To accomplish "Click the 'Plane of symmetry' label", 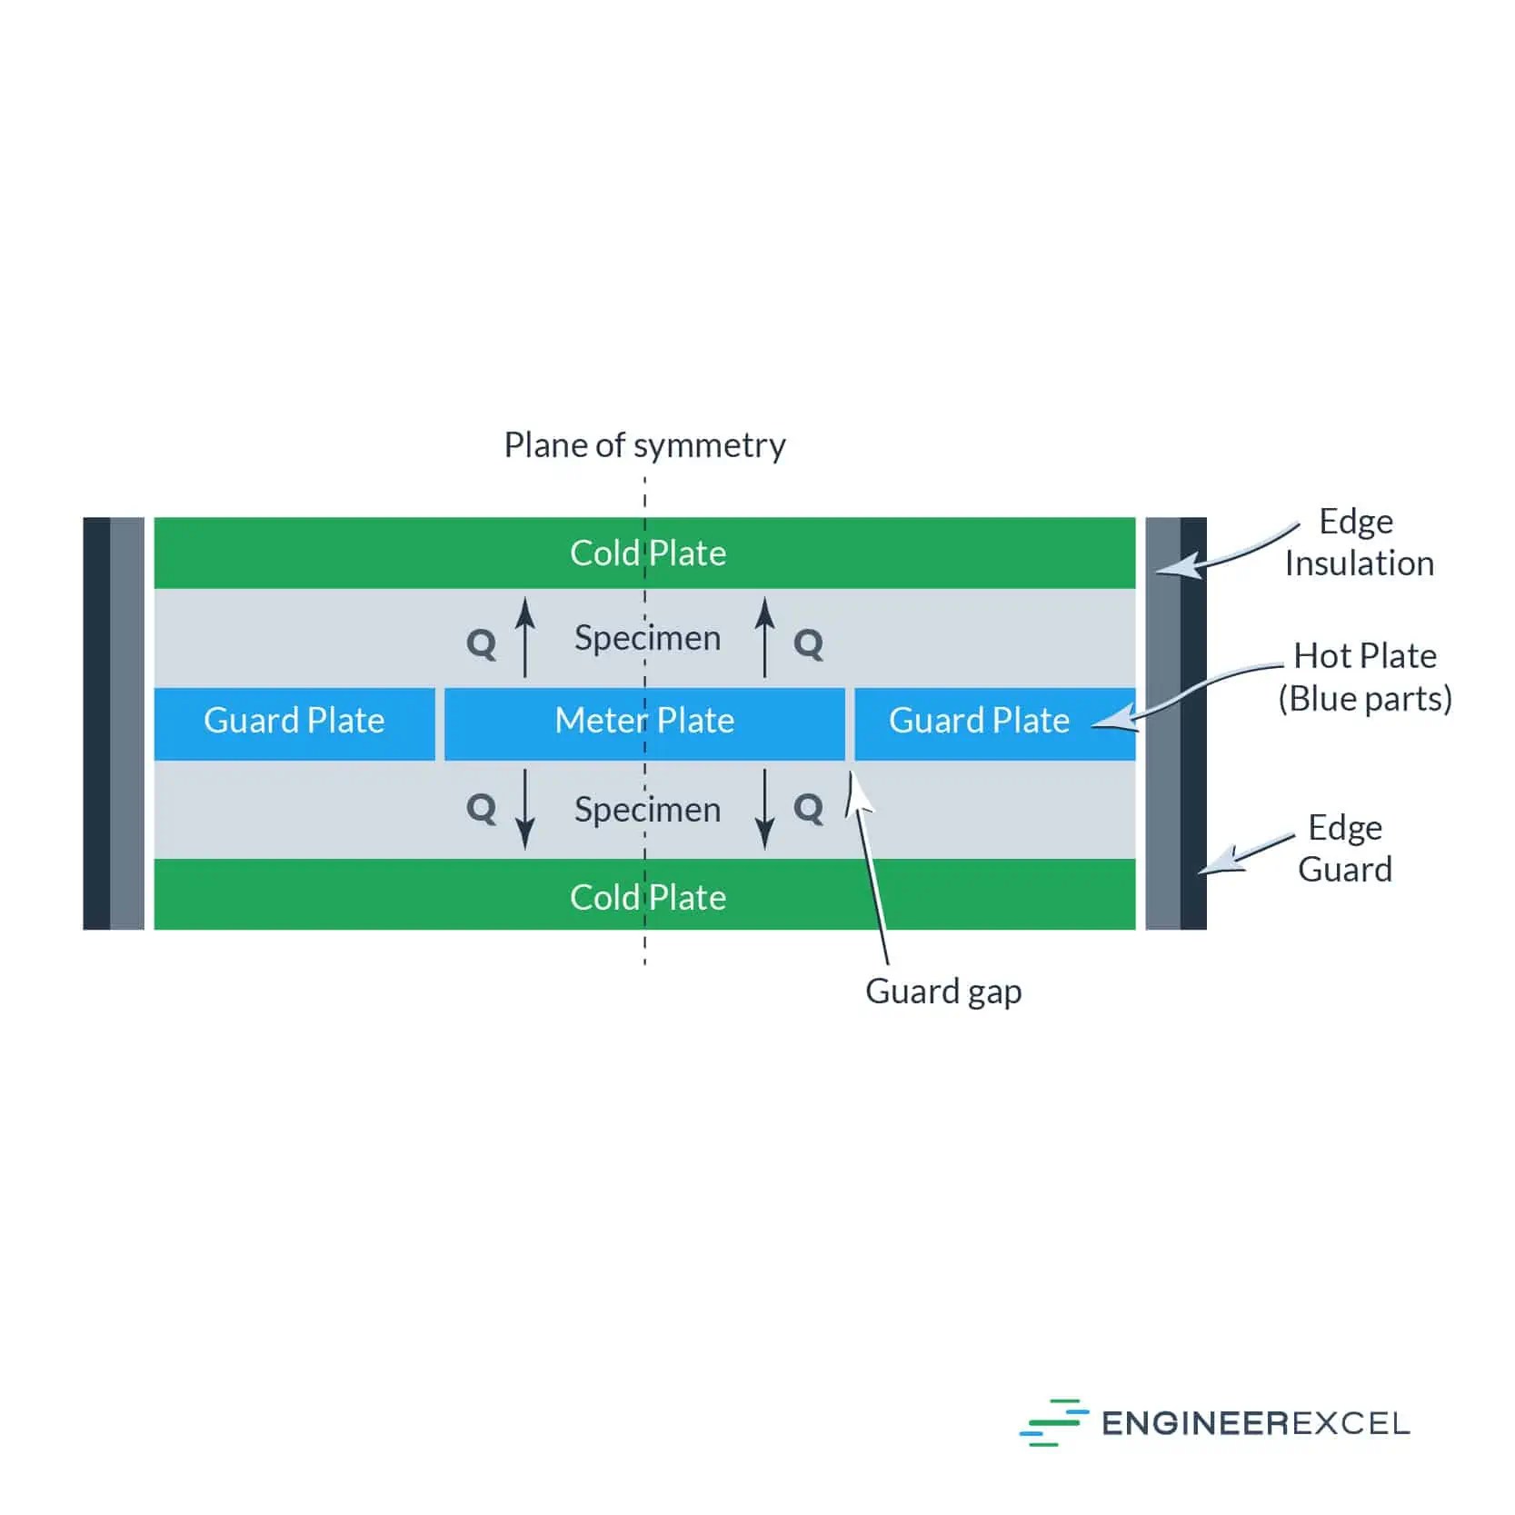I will click(644, 445).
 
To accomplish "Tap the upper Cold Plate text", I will click(647, 553).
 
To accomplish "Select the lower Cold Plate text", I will click(647, 897).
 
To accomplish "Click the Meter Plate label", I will click(644, 720).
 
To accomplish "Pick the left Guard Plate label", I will click(294, 720).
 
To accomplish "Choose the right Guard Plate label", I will click(979, 720).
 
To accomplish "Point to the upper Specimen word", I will click(647, 637).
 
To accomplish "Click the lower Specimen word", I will click(647, 809).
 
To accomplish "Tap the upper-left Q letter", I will click(481, 644).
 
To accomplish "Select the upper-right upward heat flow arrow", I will click(765, 637).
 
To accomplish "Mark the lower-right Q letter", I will click(808, 808).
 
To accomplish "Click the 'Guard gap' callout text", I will click(942, 991).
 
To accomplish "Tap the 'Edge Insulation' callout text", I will click(1358, 543).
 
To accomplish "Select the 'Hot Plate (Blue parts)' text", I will click(1364, 677).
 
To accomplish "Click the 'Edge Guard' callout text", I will click(1344, 848).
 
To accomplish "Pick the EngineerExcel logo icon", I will click(1053, 1422).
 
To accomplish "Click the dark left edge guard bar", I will click(96, 723).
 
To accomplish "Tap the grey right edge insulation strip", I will click(1162, 723).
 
